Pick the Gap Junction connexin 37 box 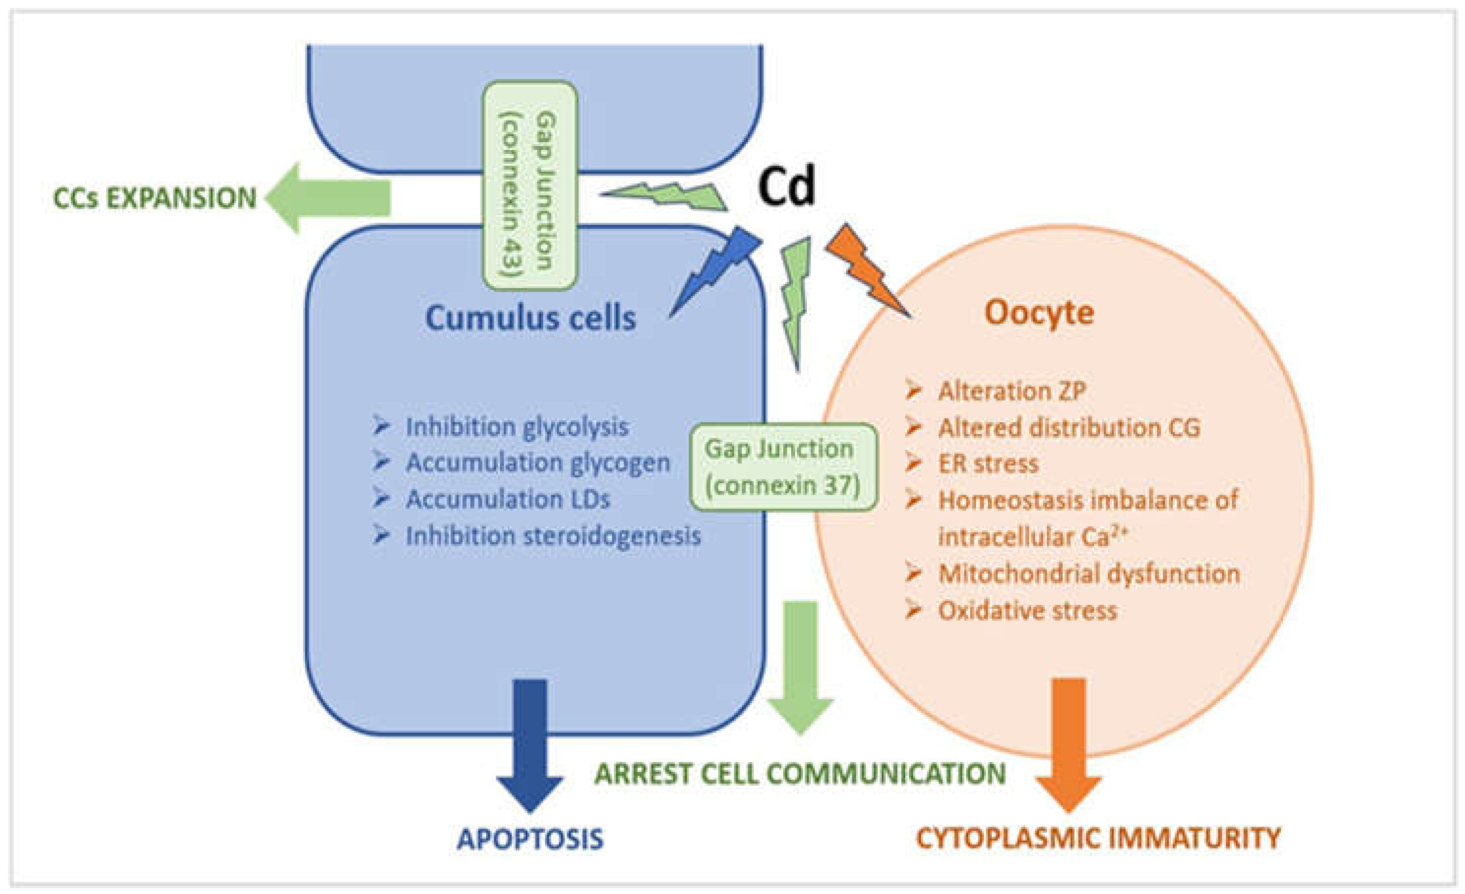(783, 467)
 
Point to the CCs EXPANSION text (154, 199)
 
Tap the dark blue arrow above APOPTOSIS (530, 743)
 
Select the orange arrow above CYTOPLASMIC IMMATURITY (1069, 743)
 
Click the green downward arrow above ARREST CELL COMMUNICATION (800, 666)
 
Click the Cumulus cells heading (530, 319)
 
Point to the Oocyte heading (1039, 313)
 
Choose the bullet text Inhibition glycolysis (516, 427)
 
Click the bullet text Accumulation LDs (507, 499)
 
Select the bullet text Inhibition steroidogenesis (553, 536)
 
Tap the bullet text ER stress (987, 464)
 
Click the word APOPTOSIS (530, 839)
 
